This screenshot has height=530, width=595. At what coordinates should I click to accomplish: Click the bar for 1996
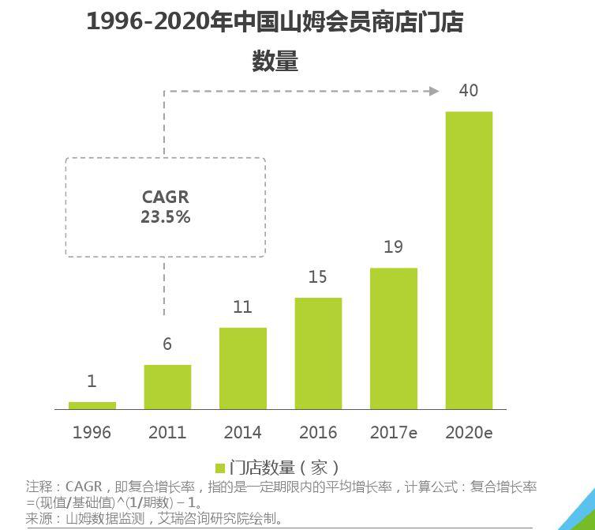92,405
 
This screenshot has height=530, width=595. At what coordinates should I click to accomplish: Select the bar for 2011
167,387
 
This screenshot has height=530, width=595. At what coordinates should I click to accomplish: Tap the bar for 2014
243,368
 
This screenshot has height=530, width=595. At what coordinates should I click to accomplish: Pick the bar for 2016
318,353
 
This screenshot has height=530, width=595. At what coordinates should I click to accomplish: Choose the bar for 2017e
394,338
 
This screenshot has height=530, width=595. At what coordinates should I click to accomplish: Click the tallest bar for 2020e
469,260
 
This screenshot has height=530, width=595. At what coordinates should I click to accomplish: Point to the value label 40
469,91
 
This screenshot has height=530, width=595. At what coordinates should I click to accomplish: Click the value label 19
394,247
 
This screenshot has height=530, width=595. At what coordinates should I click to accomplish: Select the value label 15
318,277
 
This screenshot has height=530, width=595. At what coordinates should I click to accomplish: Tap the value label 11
243,307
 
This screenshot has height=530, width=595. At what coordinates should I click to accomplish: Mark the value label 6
167,344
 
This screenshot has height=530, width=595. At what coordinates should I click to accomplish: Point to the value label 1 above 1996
92,382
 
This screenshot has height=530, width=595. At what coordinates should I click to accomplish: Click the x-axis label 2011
167,432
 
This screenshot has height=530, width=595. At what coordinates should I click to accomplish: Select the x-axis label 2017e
394,432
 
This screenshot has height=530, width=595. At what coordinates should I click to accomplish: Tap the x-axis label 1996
92,432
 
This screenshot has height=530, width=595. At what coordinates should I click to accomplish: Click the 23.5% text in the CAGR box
166,216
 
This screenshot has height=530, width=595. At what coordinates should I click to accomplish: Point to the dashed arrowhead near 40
433,92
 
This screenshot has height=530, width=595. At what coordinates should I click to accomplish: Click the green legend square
221,467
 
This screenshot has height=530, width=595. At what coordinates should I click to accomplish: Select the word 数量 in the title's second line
275,61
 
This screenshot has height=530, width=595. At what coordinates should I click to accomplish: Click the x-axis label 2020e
469,432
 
